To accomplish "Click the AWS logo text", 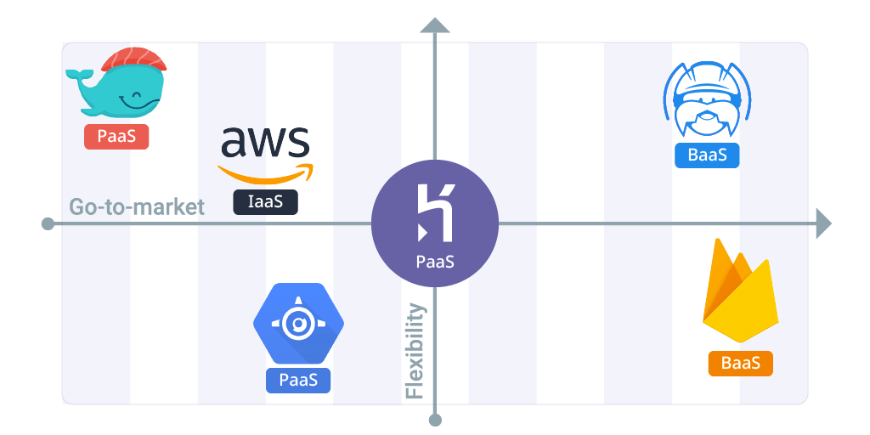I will pos(265,143).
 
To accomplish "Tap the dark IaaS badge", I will pos(265,202).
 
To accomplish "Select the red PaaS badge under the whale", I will pos(116,137).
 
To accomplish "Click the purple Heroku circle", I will pos(435,224).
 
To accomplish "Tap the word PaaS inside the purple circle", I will pos(435,262).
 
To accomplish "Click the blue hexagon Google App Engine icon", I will pos(299,324).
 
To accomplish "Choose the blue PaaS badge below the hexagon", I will pos(298,380).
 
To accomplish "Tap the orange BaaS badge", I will pos(740,364).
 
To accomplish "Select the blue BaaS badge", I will pos(707,155).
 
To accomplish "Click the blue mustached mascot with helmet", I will pos(707,100).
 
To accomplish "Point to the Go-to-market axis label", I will pos(137,206).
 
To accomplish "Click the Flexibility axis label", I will pos(415,351).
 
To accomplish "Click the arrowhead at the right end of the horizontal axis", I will pos(822,224).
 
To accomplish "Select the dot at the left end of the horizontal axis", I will pos(48,224).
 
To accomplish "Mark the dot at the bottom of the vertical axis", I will pos(435,420).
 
